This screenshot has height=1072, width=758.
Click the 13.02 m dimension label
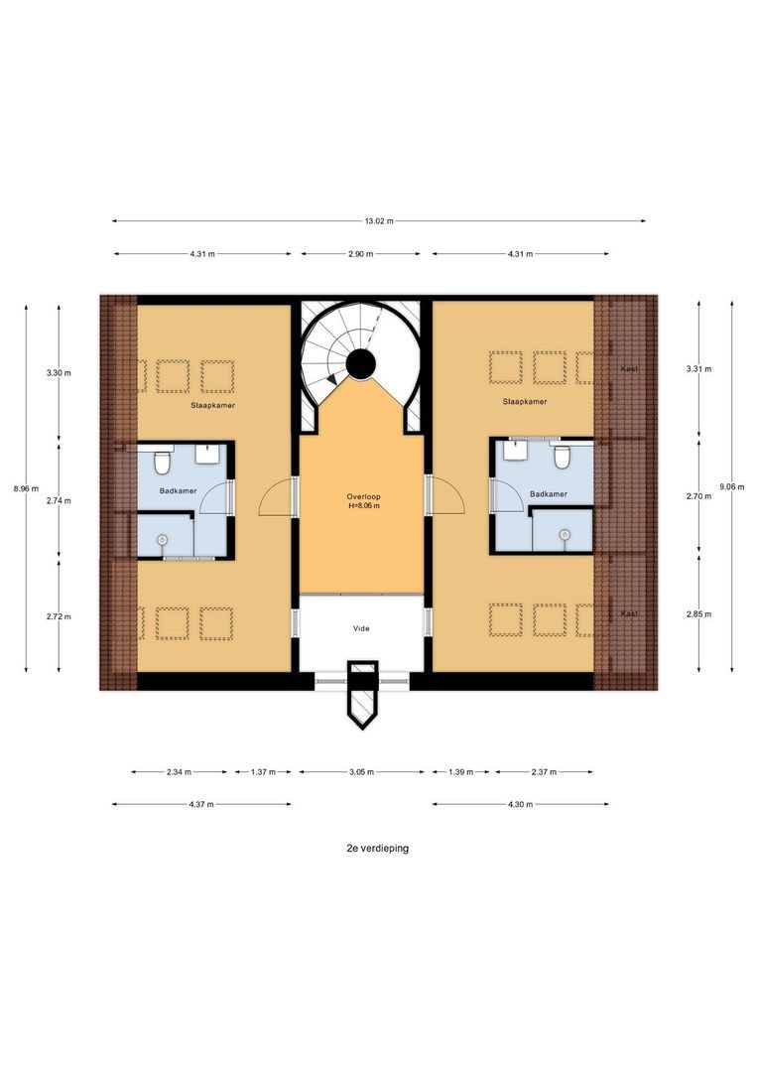click(x=379, y=221)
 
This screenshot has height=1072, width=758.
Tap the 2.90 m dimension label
click(x=361, y=254)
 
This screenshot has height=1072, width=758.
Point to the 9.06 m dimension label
click(x=731, y=486)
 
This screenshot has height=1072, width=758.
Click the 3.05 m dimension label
click(x=362, y=771)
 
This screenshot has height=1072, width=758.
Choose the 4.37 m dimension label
click(x=201, y=804)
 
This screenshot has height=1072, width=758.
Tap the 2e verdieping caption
click(x=377, y=849)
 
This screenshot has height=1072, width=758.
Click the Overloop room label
click(x=363, y=496)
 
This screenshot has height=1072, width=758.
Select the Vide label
click(x=361, y=628)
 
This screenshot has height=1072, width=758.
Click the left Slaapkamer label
click(x=213, y=406)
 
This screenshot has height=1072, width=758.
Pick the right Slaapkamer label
click(x=524, y=402)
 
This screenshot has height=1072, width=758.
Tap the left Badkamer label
click(x=180, y=491)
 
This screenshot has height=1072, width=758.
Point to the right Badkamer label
click(x=549, y=493)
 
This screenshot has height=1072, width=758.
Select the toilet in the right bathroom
click(x=563, y=456)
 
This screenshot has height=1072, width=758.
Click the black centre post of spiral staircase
click(x=360, y=366)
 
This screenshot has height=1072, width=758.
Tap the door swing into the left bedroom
click(x=278, y=496)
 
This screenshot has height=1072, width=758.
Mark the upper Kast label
click(x=628, y=369)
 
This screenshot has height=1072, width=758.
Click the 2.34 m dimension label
click(x=180, y=771)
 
